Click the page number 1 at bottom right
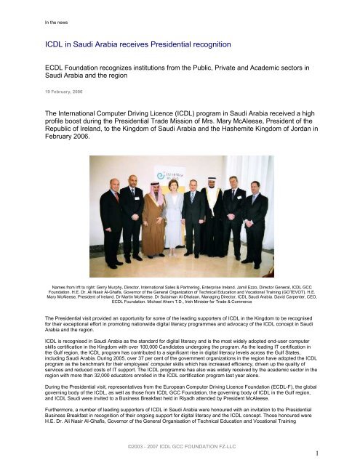point(350,453)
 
